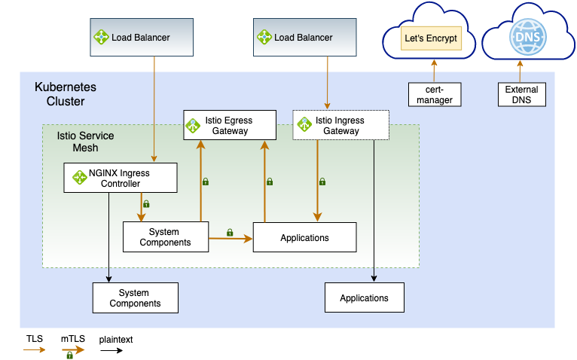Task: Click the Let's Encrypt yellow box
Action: pos(431,38)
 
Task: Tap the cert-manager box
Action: pos(433,94)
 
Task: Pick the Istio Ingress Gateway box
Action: pos(340,125)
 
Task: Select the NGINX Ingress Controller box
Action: pos(121,178)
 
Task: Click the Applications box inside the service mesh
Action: pos(304,237)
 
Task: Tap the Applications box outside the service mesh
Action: pos(364,297)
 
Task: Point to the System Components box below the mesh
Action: pos(135,297)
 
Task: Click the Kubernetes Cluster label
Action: pos(66,94)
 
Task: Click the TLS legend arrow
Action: pos(35,350)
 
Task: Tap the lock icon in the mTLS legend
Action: pos(69,355)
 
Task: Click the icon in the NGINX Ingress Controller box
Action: pos(79,178)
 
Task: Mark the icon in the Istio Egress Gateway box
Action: pos(194,126)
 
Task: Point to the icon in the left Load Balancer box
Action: pos(102,37)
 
